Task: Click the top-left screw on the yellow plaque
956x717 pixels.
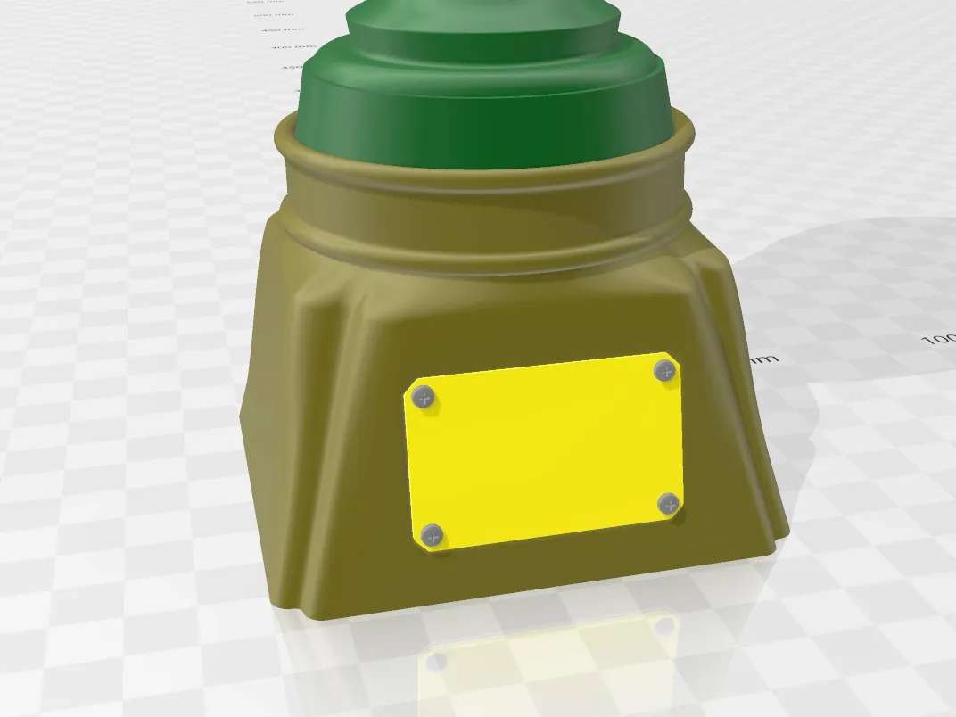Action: [425, 398]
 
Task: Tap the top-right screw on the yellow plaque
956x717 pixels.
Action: [663, 371]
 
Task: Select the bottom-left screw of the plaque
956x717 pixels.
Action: [433, 535]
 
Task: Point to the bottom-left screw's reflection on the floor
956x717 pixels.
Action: [437, 662]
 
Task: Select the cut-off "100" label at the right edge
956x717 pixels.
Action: [938, 339]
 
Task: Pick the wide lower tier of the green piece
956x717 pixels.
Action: [486, 116]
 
